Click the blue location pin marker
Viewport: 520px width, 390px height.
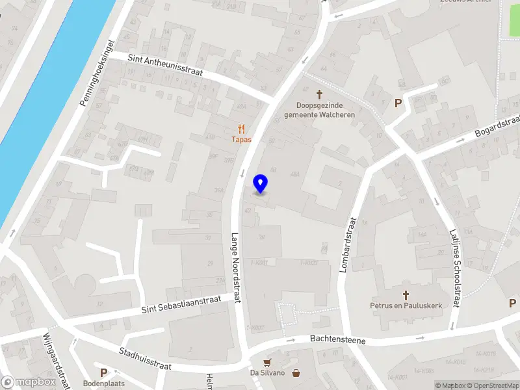[x=260, y=184]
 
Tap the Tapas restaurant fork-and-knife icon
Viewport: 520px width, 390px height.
[x=242, y=129]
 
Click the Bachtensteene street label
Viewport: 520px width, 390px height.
[x=337, y=340]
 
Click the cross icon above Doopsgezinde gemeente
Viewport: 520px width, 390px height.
[x=319, y=95]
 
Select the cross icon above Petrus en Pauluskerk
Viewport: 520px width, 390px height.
[x=406, y=294]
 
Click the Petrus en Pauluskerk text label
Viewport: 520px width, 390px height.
[x=406, y=305]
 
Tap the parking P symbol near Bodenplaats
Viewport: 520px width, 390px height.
[x=103, y=372]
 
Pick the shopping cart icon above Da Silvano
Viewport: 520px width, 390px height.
[x=266, y=362]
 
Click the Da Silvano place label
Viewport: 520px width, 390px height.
[x=268, y=373]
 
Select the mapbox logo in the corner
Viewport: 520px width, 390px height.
[x=28, y=382]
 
